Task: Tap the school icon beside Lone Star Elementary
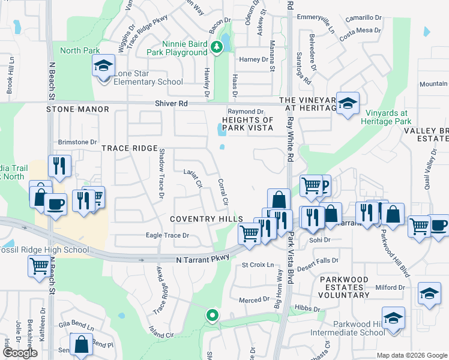click(x=103, y=66)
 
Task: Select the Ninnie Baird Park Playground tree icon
click(x=215, y=46)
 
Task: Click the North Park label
click(x=79, y=51)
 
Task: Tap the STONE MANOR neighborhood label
click(x=78, y=109)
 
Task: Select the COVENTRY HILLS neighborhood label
click(x=206, y=219)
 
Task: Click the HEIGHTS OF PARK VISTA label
click(x=247, y=124)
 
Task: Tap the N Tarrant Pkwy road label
click(x=203, y=258)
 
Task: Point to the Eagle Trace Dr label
click(x=167, y=236)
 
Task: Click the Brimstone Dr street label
click(x=77, y=142)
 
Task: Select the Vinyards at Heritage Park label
click(x=385, y=116)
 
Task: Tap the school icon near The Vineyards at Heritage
click(x=347, y=103)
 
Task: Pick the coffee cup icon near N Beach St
click(x=55, y=204)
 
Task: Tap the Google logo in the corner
click(x=20, y=353)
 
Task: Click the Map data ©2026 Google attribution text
click(x=411, y=355)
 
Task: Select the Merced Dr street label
click(x=254, y=300)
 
